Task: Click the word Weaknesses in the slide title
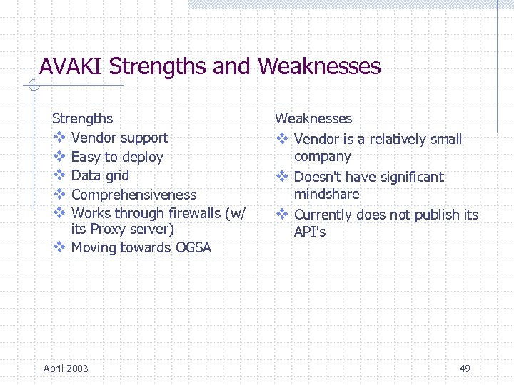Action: [x=319, y=67]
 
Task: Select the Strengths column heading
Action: [x=82, y=118]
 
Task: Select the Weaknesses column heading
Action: [x=313, y=118]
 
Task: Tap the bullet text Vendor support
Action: [x=119, y=138]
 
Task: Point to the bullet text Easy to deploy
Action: [x=117, y=157]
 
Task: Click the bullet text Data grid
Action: [x=100, y=175]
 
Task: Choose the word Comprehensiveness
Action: [x=133, y=195]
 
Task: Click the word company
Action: [x=322, y=156]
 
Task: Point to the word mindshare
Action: [x=326, y=194]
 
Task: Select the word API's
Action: [x=310, y=232]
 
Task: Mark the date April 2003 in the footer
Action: [x=66, y=369]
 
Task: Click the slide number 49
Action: [x=465, y=369]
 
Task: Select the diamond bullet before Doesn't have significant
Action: [x=281, y=177]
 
